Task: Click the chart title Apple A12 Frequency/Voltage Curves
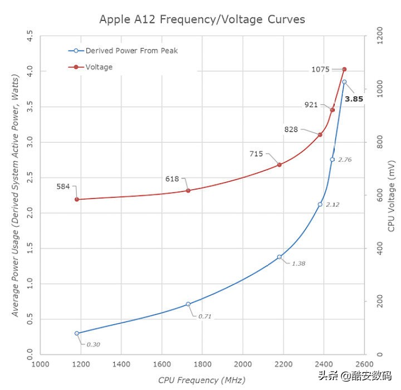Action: click(x=202, y=19)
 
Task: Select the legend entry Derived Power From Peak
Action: click(x=131, y=51)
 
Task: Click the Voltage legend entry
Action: click(x=99, y=67)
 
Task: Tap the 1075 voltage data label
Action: click(x=321, y=70)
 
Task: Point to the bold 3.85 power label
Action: click(x=354, y=99)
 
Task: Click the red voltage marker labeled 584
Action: click(x=77, y=199)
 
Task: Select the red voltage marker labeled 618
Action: click(x=188, y=191)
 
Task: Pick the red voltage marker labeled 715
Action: click(x=280, y=165)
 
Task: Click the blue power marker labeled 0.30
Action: click(x=77, y=333)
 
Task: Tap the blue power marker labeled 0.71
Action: click(x=188, y=304)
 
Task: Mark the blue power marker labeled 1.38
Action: click(x=280, y=257)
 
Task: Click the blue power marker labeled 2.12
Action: click(x=320, y=204)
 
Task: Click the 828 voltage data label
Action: click(x=291, y=129)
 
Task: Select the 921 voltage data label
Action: click(x=311, y=105)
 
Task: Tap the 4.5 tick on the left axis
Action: click(x=30, y=37)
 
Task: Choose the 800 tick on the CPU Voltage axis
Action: click(x=376, y=143)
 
